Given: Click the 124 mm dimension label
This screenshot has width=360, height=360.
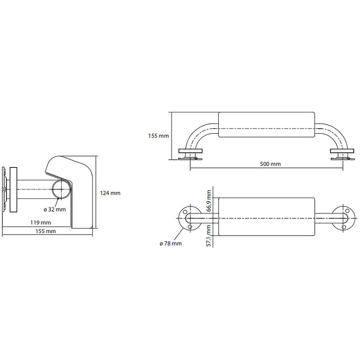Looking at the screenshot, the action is pyautogui.click(x=110, y=193).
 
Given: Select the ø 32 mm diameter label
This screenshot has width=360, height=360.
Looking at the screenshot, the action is pyautogui.click(x=54, y=209).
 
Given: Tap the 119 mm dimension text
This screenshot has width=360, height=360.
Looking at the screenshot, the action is pyautogui.click(x=40, y=222).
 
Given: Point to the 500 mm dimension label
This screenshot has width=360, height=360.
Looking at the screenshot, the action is pyautogui.click(x=270, y=164).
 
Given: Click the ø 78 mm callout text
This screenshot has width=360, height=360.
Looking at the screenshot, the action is pyautogui.click(x=171, y=243).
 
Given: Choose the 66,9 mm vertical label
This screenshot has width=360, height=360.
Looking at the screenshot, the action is pyautogui.click(x=209, y=201).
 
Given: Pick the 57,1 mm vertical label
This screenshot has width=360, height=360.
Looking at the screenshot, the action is pyautogui.click(x=209, y=236).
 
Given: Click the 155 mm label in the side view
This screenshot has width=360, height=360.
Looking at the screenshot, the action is pyautogui.click(x=46, y=231).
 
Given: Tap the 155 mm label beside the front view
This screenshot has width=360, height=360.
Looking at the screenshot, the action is pyautogui.click(x=158, y=136).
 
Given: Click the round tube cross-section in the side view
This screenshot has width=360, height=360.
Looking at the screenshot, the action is pyautogui.click(x=62, y=189).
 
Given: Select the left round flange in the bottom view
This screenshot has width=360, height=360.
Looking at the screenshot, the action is pyautogui.click(x=189, y=218).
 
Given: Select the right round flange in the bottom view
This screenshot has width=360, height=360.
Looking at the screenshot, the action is pyautogui.click(x=344, y=218).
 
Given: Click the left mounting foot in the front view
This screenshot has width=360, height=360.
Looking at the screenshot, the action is pyautogui.click(x=190, y=154).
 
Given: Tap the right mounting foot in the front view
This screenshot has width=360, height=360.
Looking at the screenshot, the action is pyautogui.click(x=342, y=154).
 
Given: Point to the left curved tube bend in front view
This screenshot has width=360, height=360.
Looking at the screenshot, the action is pyautogui.click(x=195, y=134).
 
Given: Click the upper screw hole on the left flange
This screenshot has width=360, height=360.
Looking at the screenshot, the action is pyautogui.click(x=185, y=211).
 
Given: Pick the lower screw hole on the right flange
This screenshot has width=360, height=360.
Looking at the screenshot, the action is pyautogui.click(x=344, y=227).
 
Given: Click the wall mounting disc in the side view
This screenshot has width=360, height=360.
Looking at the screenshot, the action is pyautogui.click(x=13, y=189).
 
